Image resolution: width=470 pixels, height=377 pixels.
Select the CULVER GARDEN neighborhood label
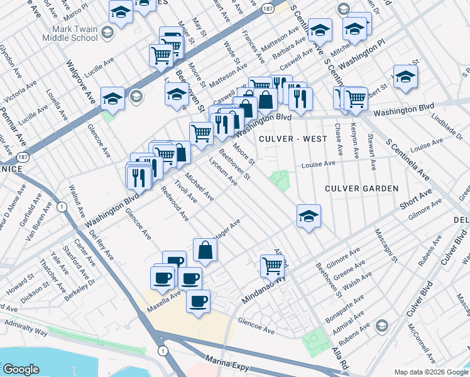[361, 188]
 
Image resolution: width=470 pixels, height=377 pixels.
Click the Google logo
[21, 369]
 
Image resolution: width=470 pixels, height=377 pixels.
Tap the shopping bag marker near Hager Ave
[205, 249]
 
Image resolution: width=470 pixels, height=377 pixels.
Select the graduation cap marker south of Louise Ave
[309, 216]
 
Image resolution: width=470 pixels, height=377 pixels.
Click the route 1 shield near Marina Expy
[163, 350]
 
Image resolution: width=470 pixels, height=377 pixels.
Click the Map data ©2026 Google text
[430, 372]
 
